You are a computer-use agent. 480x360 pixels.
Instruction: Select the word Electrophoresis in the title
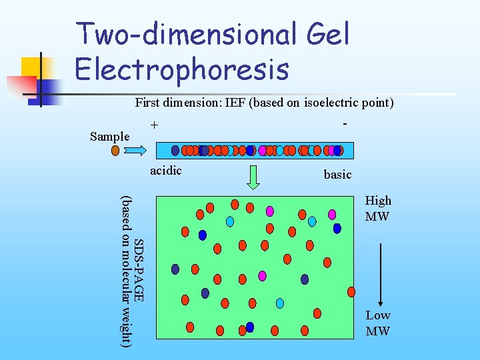pyautogui.click(x=182, y=68)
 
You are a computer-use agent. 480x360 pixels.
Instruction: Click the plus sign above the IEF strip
pyautogui.click(x=155, y=125)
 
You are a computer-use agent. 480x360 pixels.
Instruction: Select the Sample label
pyautogui.click(x=109, y=137)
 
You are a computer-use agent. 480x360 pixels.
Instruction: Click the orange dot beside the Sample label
pyautogui.click(x=115, y=151)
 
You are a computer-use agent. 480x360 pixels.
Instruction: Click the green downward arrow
pyautogui.click(x=254, y=177)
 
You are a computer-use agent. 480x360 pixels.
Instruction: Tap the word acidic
pyautogui.click(x=166, y=171)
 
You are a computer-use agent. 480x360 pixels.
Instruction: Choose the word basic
pyautogui.click(x=337, y=175)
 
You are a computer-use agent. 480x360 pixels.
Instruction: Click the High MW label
pyautogui.click(x=378, y=208)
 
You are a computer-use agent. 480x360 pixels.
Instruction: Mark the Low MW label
pyautogui.click(x=378, y=323)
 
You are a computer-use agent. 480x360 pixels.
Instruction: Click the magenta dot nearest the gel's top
pyautogui.click(x=270, y=211)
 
